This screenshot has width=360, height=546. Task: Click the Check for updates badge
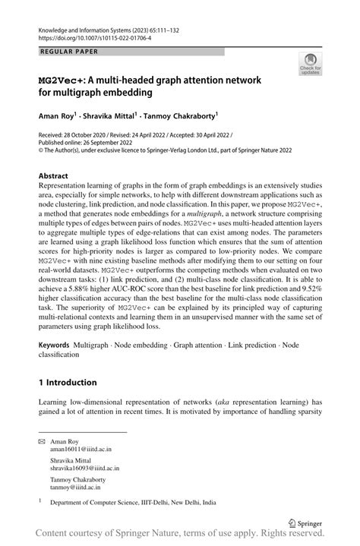(x=311, y=65)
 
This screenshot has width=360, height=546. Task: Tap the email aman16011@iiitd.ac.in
(x=84, y=450)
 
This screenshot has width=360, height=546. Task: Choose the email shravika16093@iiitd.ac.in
(x=89, y=469)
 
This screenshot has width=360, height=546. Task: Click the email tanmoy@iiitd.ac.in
(x=78, y=488)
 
